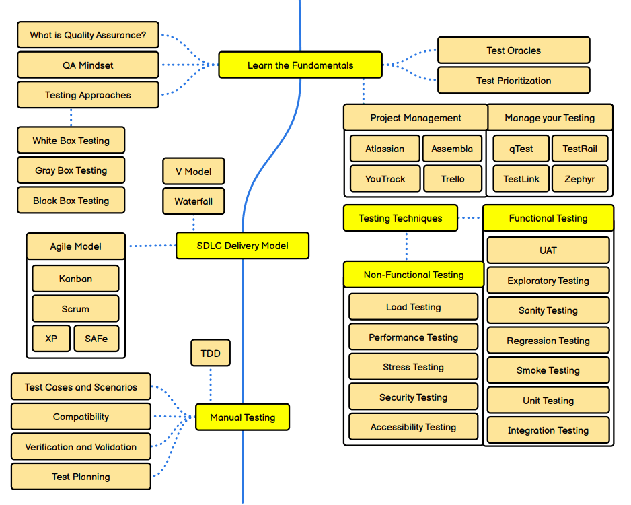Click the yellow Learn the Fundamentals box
300,65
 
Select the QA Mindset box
87,65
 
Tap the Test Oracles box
513,50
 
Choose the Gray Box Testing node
71,170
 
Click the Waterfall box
193,201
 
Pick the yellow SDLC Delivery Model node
242,246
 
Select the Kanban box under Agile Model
75,279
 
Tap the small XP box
51,339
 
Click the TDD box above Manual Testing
211,353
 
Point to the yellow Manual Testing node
242,417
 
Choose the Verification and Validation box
81,447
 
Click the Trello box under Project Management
453,179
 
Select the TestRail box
580,149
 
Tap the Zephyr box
580,179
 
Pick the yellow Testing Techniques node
400,218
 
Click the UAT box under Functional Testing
548,250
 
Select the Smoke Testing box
548,370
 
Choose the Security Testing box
413,397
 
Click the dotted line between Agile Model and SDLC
151,246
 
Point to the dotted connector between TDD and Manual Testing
211,385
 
